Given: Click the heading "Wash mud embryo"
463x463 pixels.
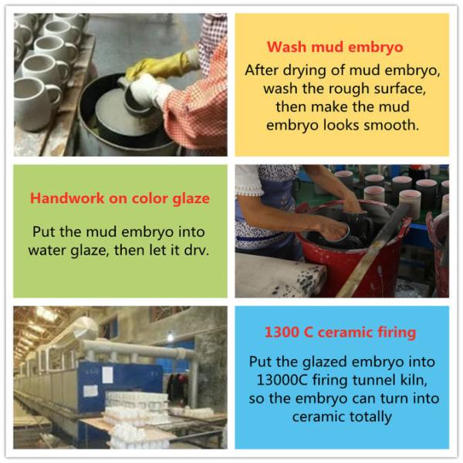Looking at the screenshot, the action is click(335, 47).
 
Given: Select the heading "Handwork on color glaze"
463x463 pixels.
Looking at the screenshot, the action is click(120, 198).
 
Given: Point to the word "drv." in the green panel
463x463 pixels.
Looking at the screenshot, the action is click(196, 250).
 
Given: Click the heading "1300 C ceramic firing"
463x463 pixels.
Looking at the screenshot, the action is click(340, 333).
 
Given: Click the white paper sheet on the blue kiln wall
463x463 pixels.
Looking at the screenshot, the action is click(107, 375).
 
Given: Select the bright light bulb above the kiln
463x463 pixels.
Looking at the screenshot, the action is click(170, 336).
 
